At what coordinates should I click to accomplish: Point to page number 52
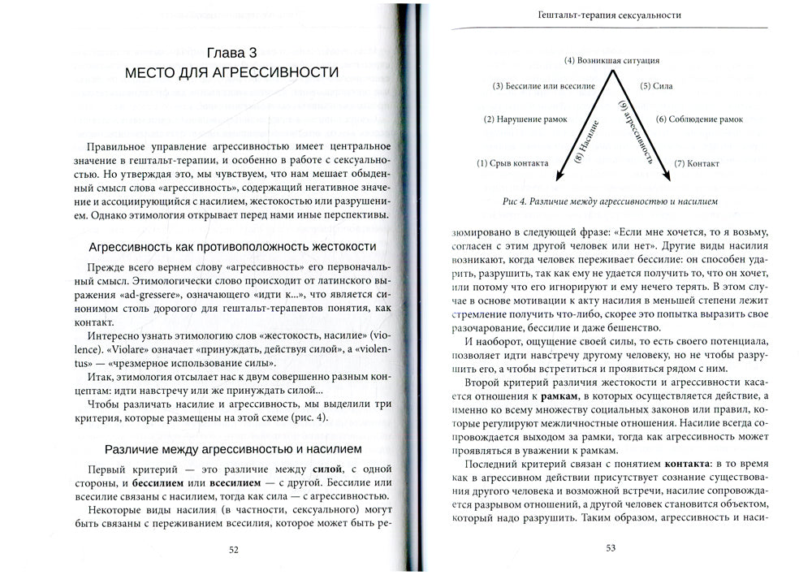click(233, 550)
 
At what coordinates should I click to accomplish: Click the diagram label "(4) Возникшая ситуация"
click(611, 60)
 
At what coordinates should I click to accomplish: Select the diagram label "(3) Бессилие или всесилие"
click(544, 85)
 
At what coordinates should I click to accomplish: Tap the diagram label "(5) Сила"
click(656, 85)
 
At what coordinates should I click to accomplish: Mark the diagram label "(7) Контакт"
click(698, 163)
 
